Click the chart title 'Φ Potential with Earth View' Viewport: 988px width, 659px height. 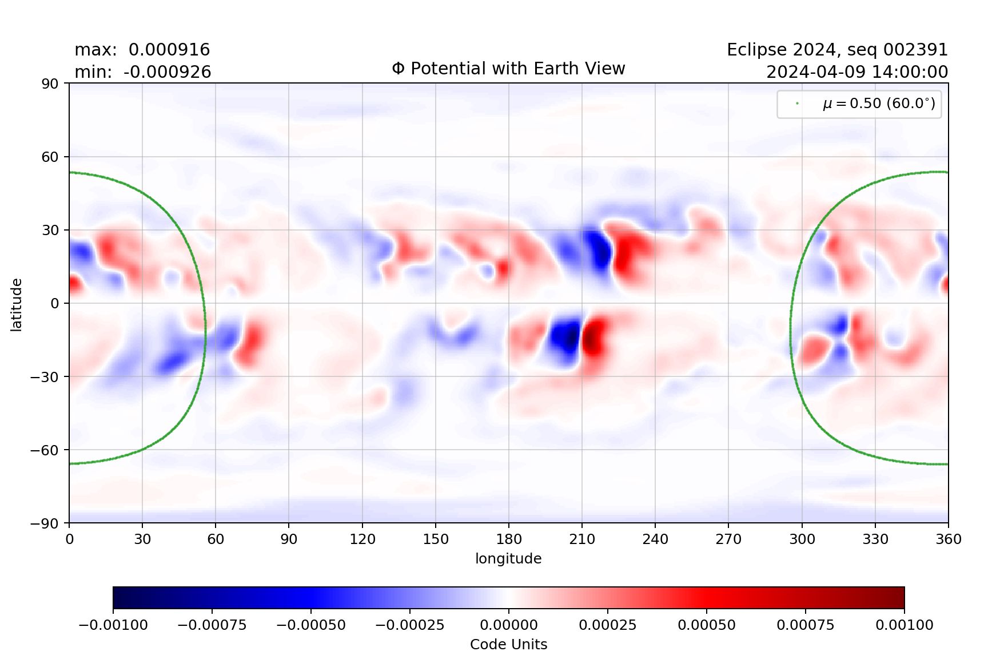point(508,69)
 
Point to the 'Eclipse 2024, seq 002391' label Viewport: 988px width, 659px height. point(837,50)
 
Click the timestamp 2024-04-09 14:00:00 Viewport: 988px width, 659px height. point(856,72)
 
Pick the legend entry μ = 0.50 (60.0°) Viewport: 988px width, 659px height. point(878,104)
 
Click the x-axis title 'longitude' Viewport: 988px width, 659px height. point(508,558)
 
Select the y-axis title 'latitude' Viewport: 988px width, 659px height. point(16,304)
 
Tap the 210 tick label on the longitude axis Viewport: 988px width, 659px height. point(582,539)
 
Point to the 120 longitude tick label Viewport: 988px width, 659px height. point(362,539)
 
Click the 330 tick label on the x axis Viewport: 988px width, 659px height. point(875,539)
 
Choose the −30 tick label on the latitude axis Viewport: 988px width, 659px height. point(45,377)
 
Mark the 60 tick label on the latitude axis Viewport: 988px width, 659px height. point(50,157)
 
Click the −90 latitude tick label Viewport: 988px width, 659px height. point(45,523)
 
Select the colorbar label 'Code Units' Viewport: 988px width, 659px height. point(508,645)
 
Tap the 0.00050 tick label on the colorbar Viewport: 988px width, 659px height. point(707,625)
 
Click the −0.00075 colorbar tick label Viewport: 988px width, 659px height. point(212,625)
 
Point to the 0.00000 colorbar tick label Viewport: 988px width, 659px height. point(508,625)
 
